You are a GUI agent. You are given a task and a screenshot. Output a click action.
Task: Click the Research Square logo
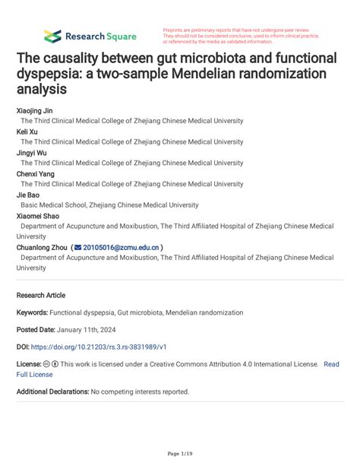click(x=90, y=36)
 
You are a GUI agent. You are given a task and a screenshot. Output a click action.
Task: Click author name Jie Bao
click(x=30, y=195)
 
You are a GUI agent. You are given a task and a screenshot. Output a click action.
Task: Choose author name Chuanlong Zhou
click(x=42, y=247)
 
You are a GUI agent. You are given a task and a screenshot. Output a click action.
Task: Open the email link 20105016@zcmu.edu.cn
click(x=122, y=247)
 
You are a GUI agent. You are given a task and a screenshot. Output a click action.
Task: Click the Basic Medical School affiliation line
click(x=109, y=205)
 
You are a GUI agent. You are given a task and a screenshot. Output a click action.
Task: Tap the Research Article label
click(x=41, y=295)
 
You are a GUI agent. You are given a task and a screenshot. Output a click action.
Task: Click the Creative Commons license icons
click(x=52, y=364)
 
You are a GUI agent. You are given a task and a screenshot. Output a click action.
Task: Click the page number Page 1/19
click(x=179, y=454)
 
